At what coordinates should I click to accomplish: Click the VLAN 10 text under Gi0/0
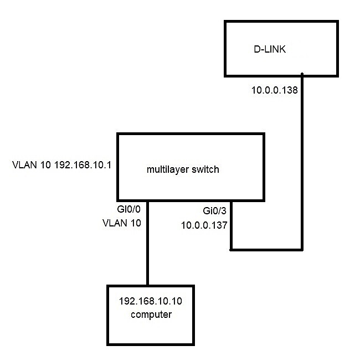click(x=121, y=223)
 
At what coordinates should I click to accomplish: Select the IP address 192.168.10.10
click(x=151, y=302)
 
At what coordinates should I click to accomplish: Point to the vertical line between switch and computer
click(x=148, y=244)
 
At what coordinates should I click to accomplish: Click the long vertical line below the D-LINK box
click(x=302, y=166)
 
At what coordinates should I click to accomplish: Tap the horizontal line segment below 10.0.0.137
click(x=266, y=250)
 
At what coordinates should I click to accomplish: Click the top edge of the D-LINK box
click(x=281, y=22)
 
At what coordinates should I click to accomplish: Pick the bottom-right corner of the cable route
click(x=302, y=250)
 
